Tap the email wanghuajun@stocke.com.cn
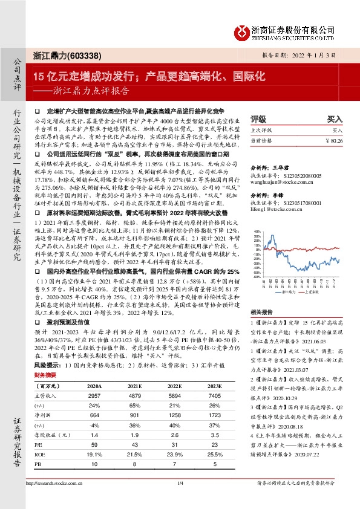pyautogui.click(x=278, y=180)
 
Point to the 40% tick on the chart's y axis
pyautogui.click(x=256, y=231)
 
